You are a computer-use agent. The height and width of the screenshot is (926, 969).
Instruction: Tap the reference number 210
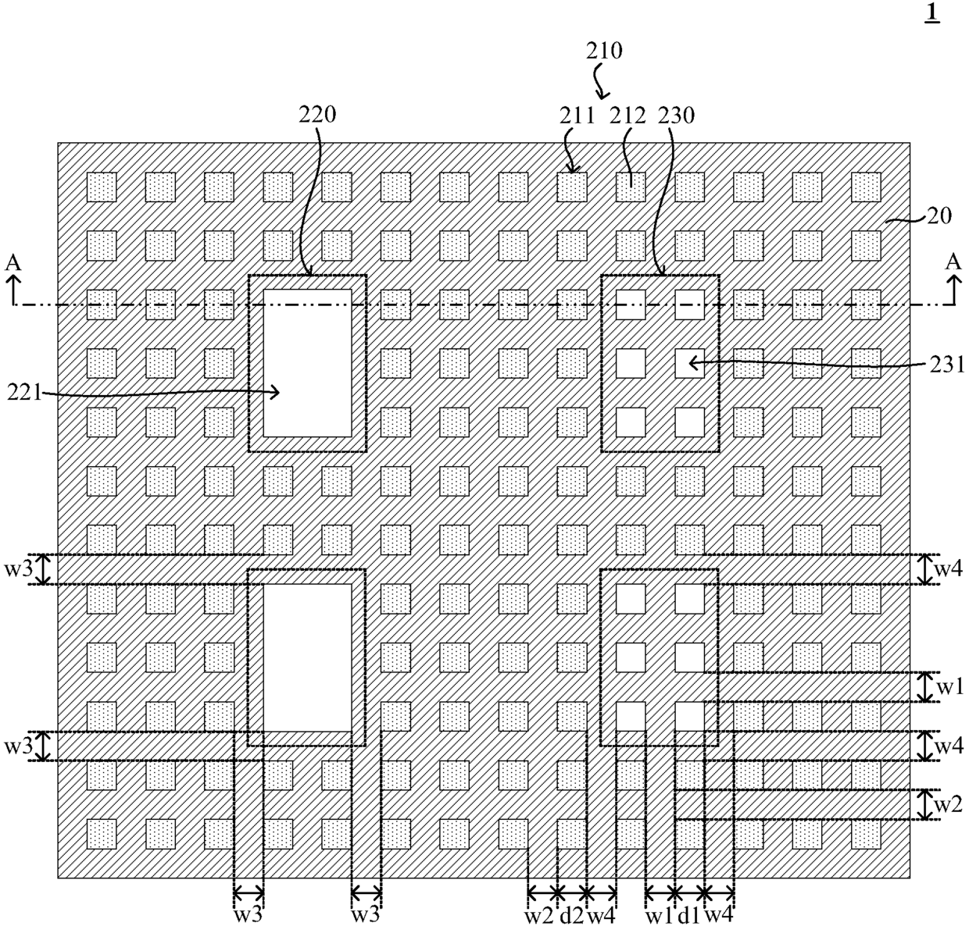point(604,52)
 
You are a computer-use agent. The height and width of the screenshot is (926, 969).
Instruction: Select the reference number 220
point(317,116)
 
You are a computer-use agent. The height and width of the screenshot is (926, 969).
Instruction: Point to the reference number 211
point(576,116)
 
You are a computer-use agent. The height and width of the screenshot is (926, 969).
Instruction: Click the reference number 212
point(628,116)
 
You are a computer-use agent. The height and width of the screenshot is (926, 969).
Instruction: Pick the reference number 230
point(676,116)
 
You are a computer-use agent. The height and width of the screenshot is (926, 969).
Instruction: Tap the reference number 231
point(947,365)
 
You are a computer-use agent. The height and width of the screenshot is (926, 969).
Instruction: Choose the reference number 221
point(25,394)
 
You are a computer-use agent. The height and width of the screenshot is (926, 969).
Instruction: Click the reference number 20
point(939,216)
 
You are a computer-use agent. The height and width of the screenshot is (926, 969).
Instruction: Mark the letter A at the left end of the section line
point(13,262)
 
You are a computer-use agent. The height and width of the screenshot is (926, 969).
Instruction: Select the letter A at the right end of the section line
point(953,262)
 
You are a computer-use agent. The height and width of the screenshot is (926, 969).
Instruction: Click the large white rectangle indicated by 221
point(307,363)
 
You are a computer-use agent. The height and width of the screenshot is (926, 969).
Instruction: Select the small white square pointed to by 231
point(690,364)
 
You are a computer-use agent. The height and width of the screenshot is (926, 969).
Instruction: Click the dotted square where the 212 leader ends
point(631,187)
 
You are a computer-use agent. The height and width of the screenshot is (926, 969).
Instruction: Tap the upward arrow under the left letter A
point(13,290)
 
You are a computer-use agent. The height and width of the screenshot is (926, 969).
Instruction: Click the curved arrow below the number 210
point(601,82)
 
